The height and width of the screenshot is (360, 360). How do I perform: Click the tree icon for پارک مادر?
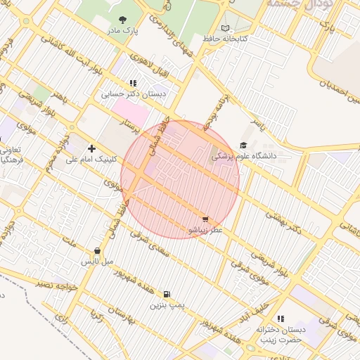(x=123, y=20)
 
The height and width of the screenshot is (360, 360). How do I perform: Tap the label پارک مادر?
(x=125, y=32)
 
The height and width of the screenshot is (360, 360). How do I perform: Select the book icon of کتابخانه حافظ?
(x=225, y=28)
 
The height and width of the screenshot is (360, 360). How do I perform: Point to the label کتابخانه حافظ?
(x=225, y=38)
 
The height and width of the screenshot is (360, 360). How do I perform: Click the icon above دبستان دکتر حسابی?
(x=133, y=83)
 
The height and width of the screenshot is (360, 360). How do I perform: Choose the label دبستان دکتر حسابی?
(x=134, y=93)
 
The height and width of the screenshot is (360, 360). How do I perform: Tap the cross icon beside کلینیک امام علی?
(x=92, y=148)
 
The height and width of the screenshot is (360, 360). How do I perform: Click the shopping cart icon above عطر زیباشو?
(x=205, y=219)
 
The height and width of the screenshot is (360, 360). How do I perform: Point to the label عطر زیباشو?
(x=205, y=230)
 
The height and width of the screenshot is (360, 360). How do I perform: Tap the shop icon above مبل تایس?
(x=96, y=251)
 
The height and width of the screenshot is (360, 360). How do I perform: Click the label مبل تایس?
(x=97, y=262)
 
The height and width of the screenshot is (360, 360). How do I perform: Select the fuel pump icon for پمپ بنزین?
(x=167, y=295)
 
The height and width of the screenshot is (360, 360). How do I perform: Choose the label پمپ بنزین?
(x=167, y=305)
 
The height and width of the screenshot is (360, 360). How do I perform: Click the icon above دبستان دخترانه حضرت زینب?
(x=281, y=319)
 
